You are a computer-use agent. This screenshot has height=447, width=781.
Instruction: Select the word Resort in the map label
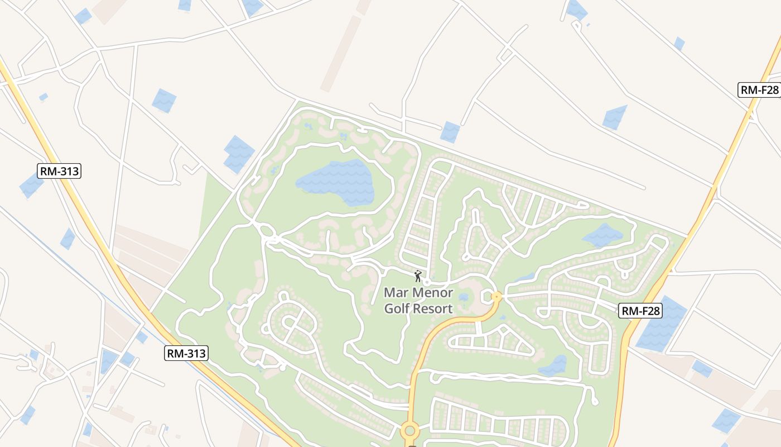point(433,308)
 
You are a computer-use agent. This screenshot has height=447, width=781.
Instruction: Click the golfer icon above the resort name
point(418,276)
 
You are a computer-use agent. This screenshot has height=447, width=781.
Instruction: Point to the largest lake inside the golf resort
point(338,182)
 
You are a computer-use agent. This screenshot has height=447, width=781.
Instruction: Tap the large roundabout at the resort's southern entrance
point(409,430)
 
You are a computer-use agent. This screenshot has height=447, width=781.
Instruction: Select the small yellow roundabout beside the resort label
point(495,296)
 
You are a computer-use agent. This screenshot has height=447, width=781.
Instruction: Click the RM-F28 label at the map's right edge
point(759,90)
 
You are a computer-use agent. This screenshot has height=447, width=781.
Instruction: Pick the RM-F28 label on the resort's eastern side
point(640,311)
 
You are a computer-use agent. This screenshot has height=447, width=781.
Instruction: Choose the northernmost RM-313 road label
point(59,171)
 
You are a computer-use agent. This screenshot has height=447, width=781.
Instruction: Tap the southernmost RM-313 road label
point(186,353)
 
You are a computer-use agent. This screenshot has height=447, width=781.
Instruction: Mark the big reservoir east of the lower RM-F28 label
point(662,325)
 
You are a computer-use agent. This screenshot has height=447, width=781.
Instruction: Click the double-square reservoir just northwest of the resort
point(239,153)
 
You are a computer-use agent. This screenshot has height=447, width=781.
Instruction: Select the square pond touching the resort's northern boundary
point(450,132)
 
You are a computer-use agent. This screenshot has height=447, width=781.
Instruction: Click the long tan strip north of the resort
point(341,54)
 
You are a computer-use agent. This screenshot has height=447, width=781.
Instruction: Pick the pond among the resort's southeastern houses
point(554,365)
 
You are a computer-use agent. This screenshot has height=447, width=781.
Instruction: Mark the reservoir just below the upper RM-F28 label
point(615,117)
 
